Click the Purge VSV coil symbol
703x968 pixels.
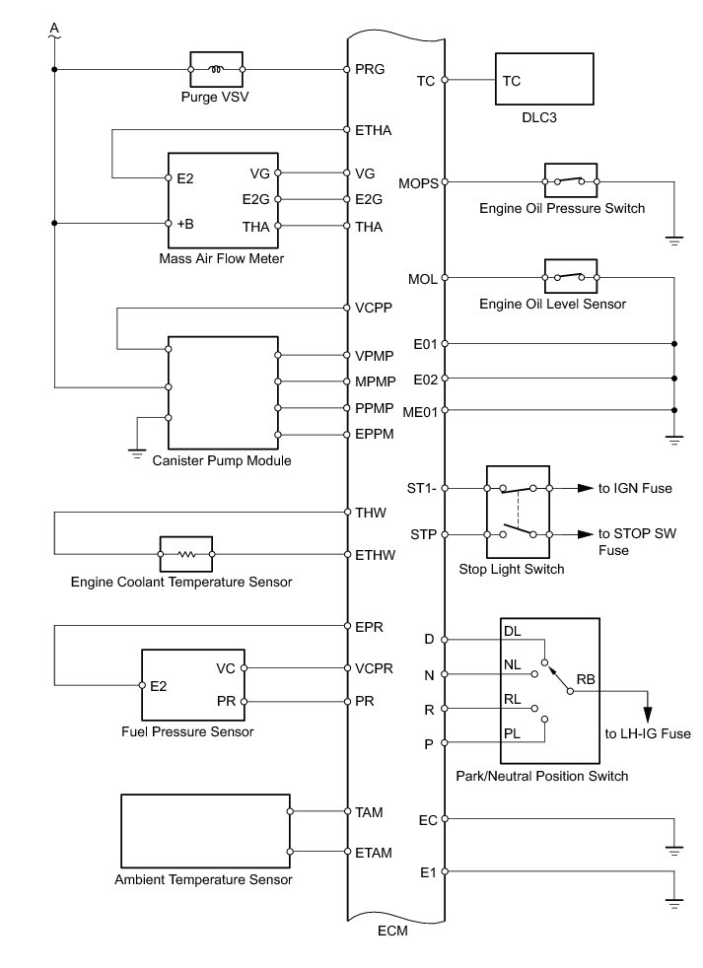click(x=216, y=70)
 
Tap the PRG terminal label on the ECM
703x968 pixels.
click(x=370, y=70)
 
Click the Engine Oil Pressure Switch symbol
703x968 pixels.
click(x=570, y=181)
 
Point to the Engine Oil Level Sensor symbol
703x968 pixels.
click(x=570, y=279)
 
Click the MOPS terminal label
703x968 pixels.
click(x=418, y=182)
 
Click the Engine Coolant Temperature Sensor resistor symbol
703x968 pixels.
click(x=185, y=554)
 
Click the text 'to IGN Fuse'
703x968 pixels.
click(x=636, y=488)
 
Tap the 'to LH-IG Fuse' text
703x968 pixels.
click(x=647, y=733)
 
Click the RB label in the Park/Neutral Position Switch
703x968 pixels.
click(x=585, y=679)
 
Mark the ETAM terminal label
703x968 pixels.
click(x=375, y=851)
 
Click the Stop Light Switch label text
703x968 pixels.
click(x=512, y=569)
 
